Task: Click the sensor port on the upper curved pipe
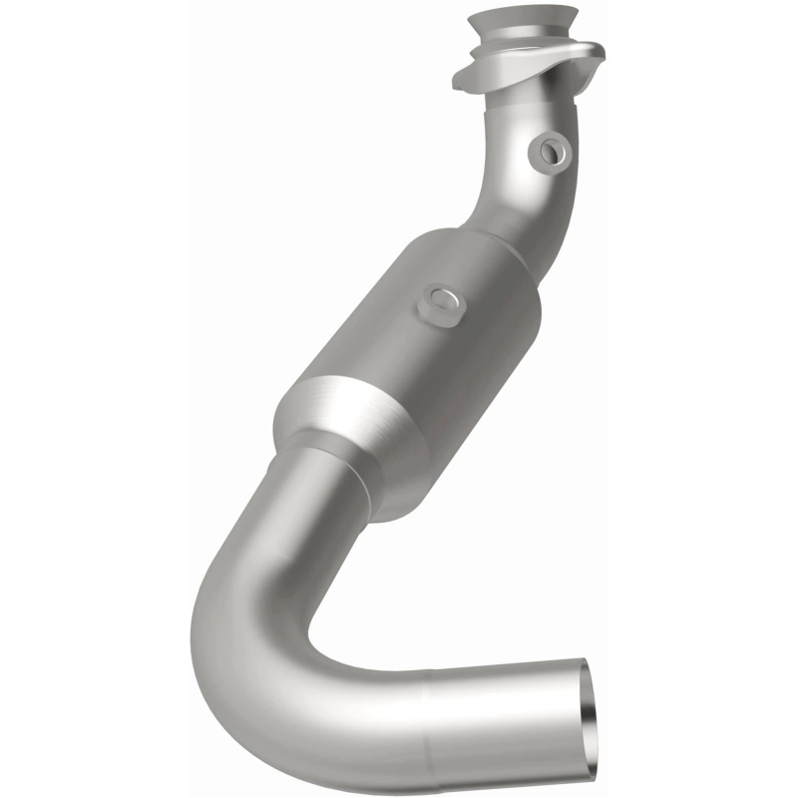pos(551,150)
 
